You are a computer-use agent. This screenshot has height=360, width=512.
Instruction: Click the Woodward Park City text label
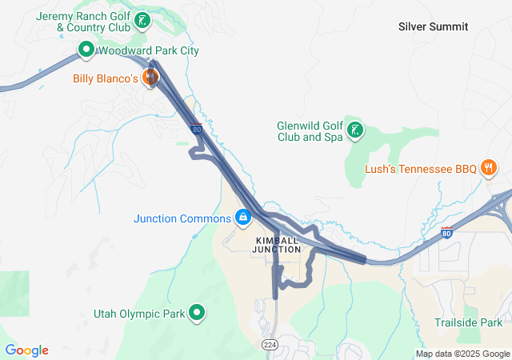point(148,51)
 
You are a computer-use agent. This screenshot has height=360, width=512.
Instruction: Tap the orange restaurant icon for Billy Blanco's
point(150,78)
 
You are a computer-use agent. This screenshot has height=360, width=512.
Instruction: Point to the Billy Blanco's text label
point(106,78)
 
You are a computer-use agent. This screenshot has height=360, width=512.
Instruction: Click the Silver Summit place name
point(433,26)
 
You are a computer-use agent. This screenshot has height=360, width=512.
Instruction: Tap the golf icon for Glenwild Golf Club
point(354,130)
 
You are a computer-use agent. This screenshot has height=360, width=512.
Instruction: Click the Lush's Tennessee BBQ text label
point(420,168)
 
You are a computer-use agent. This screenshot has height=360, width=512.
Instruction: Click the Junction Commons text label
point(182,218)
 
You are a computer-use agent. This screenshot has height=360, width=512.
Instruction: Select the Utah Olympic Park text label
point(139,314)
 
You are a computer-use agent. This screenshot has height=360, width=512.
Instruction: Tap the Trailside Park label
point(468,322)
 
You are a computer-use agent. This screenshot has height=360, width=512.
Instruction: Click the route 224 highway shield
point(270,343)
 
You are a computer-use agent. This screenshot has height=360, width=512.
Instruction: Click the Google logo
point(26,350)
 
